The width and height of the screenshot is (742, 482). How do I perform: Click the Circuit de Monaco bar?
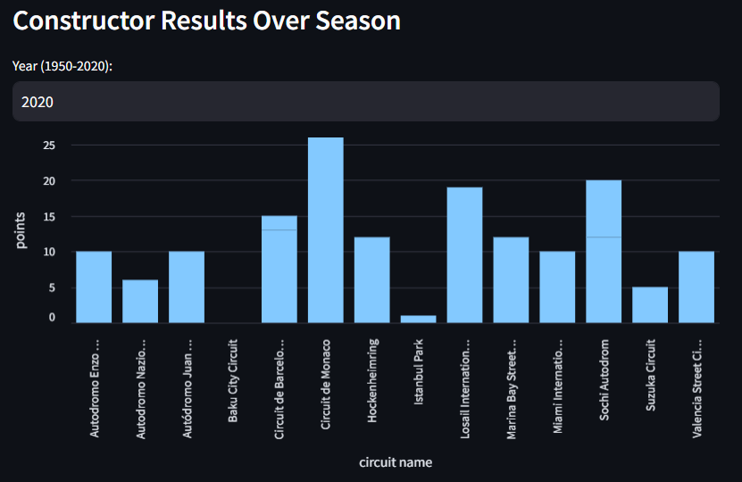coord(326,229)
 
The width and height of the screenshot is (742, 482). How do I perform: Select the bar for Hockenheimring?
coord(372,279)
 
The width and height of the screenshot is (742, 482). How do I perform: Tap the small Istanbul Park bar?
coord(419,319)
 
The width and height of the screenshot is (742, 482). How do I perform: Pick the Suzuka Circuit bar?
coord(650,304)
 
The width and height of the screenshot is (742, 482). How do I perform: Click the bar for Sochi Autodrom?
coord(604,251)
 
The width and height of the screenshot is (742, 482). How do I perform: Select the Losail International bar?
coord(465,254)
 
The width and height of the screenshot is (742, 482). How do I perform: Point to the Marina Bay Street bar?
coord(511,279)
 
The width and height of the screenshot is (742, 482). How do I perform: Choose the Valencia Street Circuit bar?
coord(696,287)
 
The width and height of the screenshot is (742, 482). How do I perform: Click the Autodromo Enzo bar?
coord(94,287)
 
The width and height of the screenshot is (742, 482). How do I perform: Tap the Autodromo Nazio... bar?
coord(140,301)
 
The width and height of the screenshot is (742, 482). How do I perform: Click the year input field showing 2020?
coord(365,102)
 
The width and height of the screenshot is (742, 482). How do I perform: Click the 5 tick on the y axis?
coord(52,287)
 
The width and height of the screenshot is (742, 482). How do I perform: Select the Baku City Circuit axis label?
coord(233,380)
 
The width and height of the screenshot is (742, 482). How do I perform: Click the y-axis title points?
coord(21,230)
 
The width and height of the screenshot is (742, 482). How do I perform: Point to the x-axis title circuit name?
coord(396,462)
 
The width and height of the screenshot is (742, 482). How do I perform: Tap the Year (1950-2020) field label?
coord(63,66)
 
